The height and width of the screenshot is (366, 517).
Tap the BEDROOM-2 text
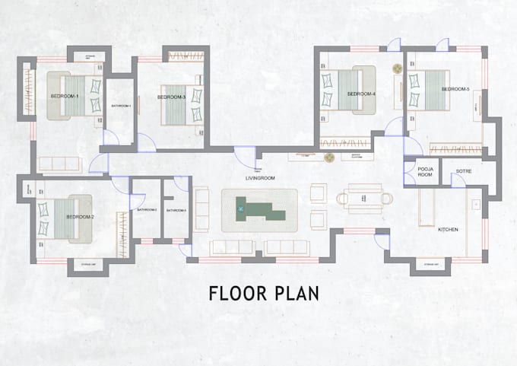coord(79,217)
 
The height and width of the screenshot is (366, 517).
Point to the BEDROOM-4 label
coord(362,94)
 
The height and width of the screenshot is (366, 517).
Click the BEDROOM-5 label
coord(455,90)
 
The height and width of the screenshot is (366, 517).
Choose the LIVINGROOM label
coord(259,178)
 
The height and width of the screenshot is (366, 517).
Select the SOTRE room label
coord(464,172)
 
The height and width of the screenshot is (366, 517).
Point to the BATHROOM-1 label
coord(122,105)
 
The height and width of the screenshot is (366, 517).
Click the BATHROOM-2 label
coord(147,209)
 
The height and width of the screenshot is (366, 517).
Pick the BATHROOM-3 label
coord(176,209)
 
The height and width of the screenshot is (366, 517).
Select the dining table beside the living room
coord(364,198)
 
